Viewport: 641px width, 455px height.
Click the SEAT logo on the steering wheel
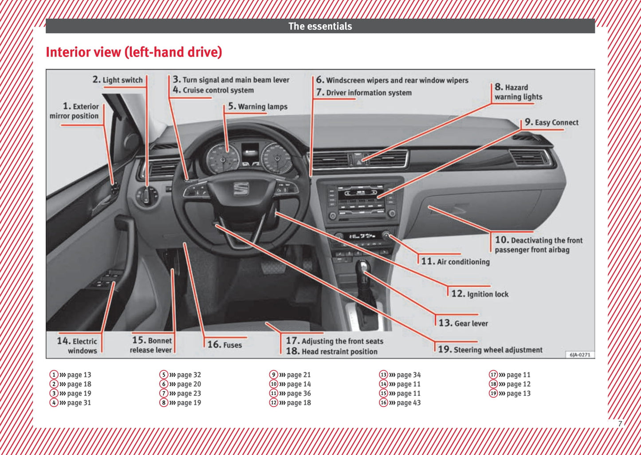click(x=241, y=188)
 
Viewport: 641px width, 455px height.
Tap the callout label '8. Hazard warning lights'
click(x=518, y=92)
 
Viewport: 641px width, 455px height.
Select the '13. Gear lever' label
click(x=463, y=323)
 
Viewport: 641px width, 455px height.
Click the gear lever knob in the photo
click(x=363, y=267)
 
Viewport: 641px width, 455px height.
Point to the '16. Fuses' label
click(x=225, y=345)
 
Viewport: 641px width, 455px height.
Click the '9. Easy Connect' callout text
click(x=551, y=122)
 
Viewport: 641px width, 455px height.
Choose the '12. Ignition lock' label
click(x=480, y=294)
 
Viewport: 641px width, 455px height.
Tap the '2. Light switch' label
click(x=118, y=80)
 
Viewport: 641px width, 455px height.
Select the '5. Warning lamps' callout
click(x=258, y=106)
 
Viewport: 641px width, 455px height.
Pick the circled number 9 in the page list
click(x=274, y=375)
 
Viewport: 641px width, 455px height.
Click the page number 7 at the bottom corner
click(x=620, y=424)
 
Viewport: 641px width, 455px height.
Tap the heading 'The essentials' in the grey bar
click(x=320, y=26)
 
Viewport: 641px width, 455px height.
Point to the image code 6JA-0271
click(x=580, y=355)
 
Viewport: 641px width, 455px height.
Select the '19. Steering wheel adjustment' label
click(x=490, y=349)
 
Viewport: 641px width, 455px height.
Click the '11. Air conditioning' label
click(x=456, y=262)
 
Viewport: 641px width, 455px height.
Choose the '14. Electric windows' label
click(x=77, y=345)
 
